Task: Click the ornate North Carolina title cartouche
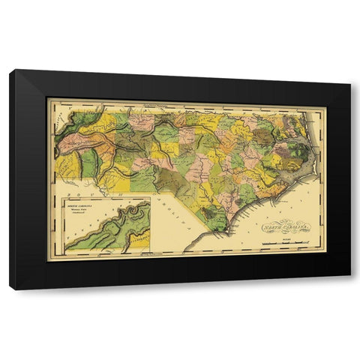coord(284,226)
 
